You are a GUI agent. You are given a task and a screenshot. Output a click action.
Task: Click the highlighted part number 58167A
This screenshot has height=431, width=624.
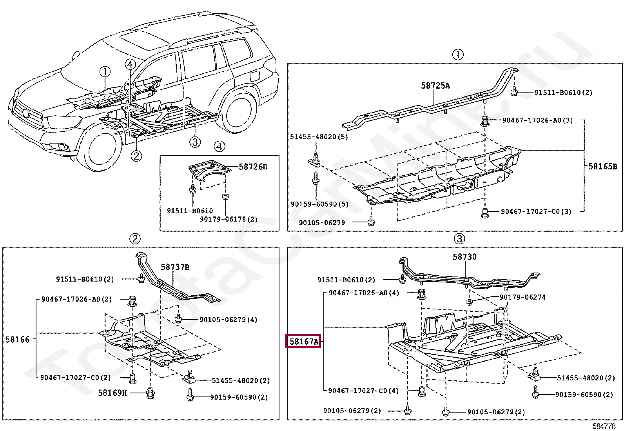pos(303,342)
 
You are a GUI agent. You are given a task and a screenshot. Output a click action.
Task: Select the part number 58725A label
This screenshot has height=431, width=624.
pos(435,85)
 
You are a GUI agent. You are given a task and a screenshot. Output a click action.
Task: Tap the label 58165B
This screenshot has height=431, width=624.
pos(602,166)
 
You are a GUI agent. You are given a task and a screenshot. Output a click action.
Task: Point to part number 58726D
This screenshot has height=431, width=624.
pos(253,167)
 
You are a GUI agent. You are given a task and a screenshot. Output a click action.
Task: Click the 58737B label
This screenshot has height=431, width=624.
pos(175,267)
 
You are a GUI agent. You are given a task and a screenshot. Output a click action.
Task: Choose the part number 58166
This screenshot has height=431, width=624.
pos(17,340)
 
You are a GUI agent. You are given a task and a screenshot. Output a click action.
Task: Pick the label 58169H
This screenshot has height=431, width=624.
pos(112,393)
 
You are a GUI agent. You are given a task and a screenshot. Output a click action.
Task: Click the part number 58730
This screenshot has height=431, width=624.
pos(464,257)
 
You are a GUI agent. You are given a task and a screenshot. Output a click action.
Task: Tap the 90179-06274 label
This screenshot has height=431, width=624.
pos(522,297)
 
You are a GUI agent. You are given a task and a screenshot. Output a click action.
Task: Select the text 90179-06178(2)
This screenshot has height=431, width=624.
pos(229,219)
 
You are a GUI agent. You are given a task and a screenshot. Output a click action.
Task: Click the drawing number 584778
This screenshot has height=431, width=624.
pos(604,426)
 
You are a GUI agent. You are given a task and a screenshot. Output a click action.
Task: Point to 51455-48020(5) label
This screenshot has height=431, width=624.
pos(319,137)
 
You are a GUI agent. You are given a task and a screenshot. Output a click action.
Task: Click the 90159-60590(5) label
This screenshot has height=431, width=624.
pos(319,204)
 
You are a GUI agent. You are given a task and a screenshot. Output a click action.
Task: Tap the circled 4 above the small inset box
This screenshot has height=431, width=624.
pos(219,146)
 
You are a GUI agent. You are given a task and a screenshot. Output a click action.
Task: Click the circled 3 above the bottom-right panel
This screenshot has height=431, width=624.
pos(459,238)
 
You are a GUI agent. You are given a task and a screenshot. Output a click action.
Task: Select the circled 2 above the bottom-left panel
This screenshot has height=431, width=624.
pos(134,238)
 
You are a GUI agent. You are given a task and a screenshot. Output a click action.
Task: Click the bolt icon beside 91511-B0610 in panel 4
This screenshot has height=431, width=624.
pos(192,189)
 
